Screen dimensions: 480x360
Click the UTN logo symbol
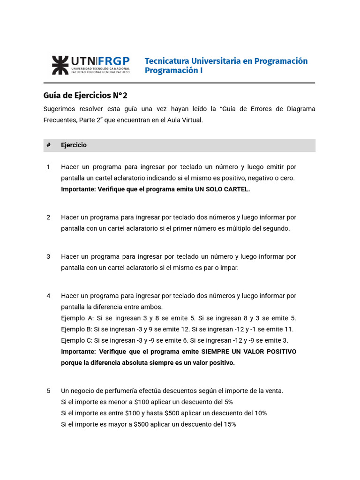60,65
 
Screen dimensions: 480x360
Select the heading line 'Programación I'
173,71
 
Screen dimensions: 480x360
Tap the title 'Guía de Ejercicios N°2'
85,96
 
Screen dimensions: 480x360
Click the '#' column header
48,145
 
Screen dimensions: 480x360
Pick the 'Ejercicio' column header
74,145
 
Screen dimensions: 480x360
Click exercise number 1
48,167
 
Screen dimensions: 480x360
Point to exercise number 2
48,217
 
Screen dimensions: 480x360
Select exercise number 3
48,257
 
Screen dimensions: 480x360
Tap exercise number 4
48,296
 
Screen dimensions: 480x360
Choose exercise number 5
48,391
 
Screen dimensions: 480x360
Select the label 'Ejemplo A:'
77,318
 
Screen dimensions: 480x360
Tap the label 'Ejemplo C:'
77,340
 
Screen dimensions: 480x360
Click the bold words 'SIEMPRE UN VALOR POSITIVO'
248,352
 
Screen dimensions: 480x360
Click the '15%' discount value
229,425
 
